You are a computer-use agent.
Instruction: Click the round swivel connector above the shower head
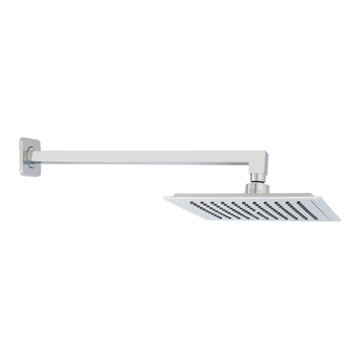coord(257,183)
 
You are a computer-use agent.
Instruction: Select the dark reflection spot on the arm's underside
coord(173,164)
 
